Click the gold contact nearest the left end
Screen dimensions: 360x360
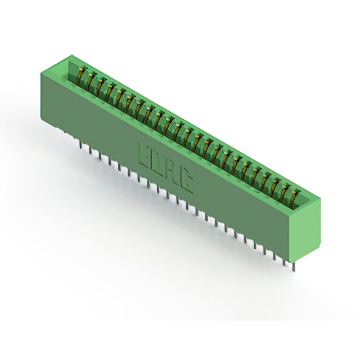click(81, 75)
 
